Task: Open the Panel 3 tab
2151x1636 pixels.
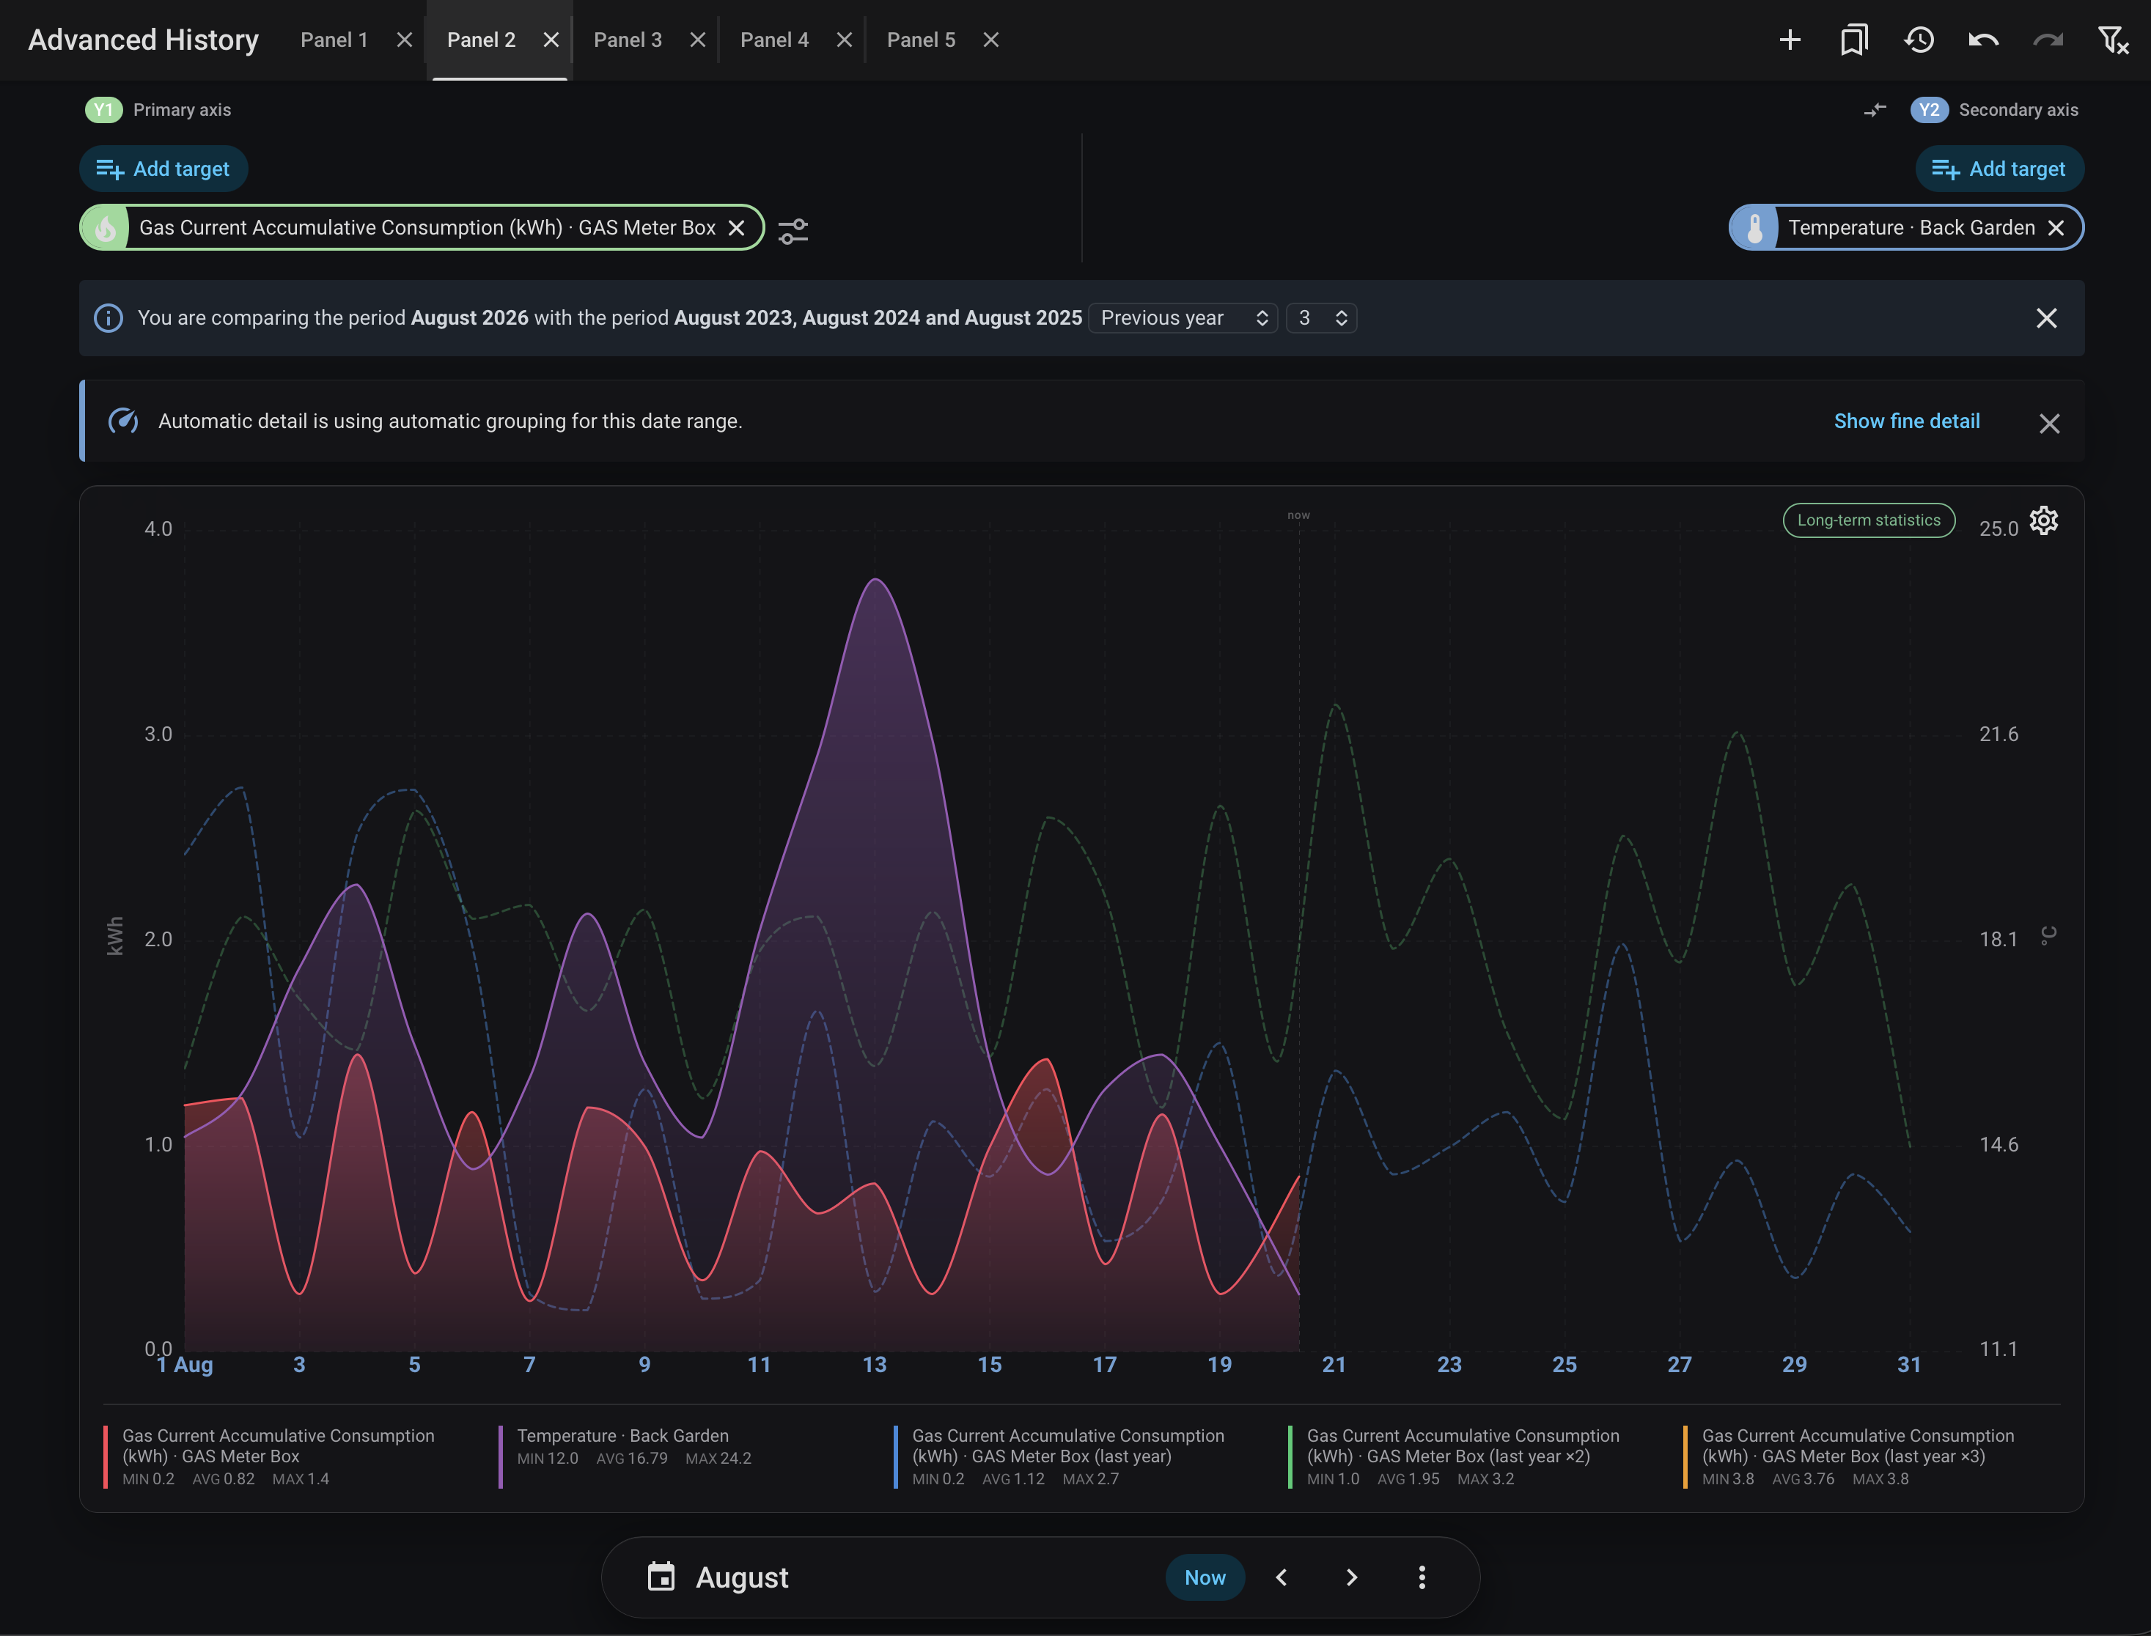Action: [x=627, y=40]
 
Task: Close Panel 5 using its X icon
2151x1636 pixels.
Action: [x=990, y=40]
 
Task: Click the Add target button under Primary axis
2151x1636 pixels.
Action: [x=163, y=169]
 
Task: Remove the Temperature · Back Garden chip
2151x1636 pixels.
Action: [x=2056, y=228]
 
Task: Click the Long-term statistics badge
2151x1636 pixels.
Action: [x=1867, y=520]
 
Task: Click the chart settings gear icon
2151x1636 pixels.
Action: [x=2043, y=521]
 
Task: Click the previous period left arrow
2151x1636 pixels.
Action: [x=1282, y=1577]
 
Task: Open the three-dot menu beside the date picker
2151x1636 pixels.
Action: [x=1422, y=1577]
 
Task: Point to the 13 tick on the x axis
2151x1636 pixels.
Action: [x=875, y=1364]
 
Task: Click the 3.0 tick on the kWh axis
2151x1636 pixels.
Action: [x=158, y=734]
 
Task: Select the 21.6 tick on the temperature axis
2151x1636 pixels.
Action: [x=1998, y=734]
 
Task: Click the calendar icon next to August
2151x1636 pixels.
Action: [x=661, y=1577]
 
